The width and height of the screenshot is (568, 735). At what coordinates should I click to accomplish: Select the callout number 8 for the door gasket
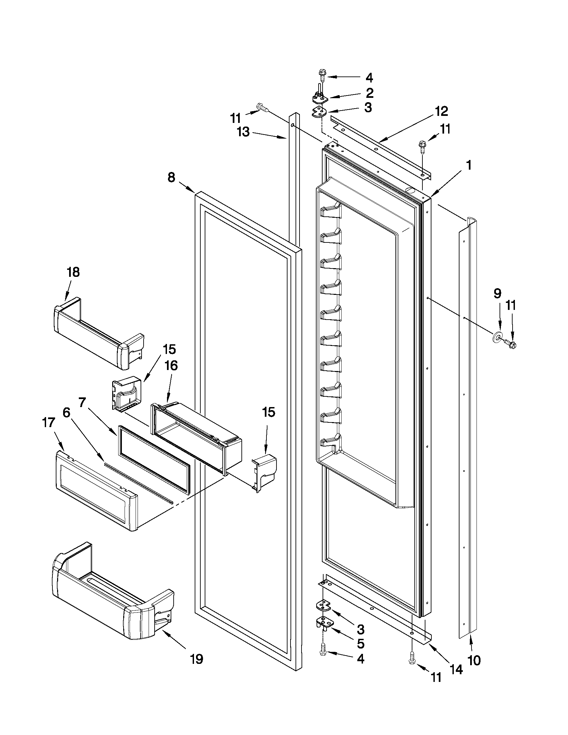point(171,177)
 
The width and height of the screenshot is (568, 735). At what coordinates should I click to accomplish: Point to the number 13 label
point(243,132)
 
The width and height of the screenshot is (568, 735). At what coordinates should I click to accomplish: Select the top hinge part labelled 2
point(319,97)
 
